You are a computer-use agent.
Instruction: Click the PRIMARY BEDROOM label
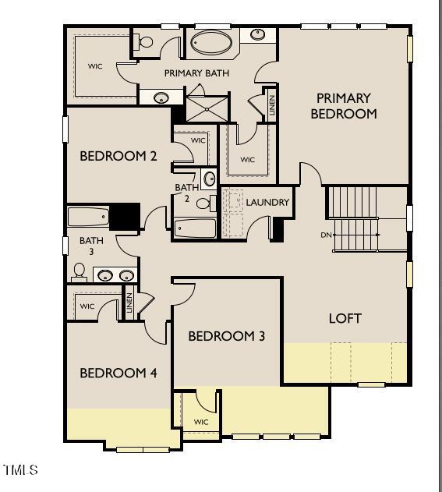[x=343, y=106]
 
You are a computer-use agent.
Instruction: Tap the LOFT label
[x=345, y=318]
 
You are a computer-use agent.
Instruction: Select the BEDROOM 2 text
[x=118, y=156]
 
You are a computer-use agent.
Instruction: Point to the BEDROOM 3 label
[x=226, y=336]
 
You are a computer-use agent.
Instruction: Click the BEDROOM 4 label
[x=118, y=373]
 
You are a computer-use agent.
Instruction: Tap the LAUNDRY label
[x=267, y=203]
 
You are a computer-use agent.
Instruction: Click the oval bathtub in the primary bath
[x=211, y=42]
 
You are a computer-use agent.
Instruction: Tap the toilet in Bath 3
[x=79, y=272]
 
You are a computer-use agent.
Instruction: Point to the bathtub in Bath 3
[x=88, y=217]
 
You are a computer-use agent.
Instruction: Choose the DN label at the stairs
[x=326, y=235]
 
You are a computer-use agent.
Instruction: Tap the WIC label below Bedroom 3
[x=201, y=422]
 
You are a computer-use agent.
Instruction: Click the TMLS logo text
[x=20, y=470]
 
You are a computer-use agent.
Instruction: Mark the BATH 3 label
[x=91, y=246]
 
